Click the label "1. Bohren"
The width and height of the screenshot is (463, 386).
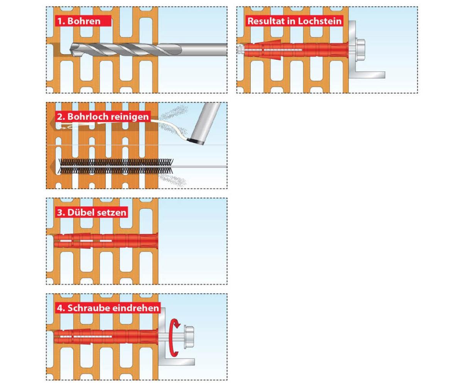(79, 21)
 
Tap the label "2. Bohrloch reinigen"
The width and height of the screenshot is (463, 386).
(103, 117)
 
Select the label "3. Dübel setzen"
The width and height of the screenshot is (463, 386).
(91, 212)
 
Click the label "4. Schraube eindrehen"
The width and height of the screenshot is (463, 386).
(108, 308)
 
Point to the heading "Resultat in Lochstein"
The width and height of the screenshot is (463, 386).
(294, 21)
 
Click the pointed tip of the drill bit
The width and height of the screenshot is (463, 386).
(71, 50)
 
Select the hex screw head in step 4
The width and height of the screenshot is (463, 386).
(189, 336)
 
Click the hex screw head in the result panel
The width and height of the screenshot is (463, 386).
(360, 49)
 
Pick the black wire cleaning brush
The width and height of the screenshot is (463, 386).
(115, 166)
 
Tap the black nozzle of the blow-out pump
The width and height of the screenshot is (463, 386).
(195, 141)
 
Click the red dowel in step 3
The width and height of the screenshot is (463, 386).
(106, 240)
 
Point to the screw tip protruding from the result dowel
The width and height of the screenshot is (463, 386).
(240, 49)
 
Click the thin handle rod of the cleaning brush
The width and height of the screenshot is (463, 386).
(200, 166)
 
